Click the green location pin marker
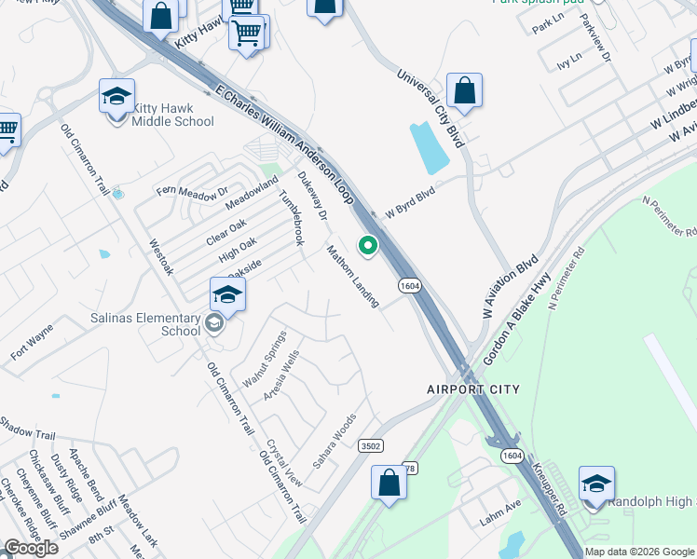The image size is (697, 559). point(368,246)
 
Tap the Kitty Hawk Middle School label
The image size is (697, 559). point(173,115)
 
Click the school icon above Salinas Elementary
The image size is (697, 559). point(227,296)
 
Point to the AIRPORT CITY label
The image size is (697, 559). point(472,389)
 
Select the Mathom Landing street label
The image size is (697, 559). point(353,276)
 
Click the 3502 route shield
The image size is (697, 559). point(371,446)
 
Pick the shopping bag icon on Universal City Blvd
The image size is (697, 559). point(464,92)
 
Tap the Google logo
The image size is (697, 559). point(31,548)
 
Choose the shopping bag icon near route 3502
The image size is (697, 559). point(389,484)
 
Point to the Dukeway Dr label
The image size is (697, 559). point(312,196)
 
